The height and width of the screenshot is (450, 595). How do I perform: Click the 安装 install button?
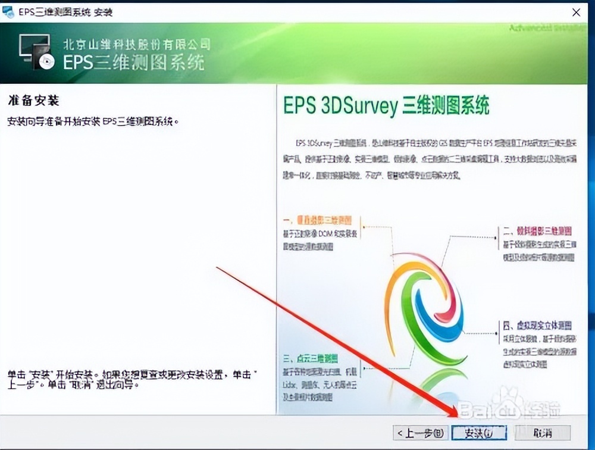pos(478,432)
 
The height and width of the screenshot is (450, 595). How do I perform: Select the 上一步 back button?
pos(420,432)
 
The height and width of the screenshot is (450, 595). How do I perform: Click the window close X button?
pos(576,12)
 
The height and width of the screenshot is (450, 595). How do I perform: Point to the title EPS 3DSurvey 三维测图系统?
pos(386,107)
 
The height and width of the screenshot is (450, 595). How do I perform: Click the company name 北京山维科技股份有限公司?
pos(137,44)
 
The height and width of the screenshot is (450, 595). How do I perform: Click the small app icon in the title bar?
pos(9,12)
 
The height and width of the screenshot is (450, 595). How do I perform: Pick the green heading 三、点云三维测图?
pos(311,359)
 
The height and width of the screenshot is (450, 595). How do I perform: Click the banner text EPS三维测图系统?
pos(134,62)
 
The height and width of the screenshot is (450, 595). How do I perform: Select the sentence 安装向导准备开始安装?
pos(93,121)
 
